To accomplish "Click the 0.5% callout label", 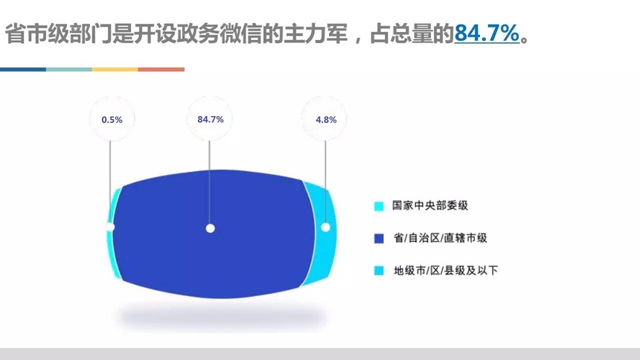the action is coord(112,120).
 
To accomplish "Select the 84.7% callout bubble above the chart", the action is coord(210,119).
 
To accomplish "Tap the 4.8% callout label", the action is coord(326,120).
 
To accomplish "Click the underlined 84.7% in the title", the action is coord(487,33).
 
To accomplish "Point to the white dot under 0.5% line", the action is coord(110,227).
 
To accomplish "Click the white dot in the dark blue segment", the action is coord(210,228).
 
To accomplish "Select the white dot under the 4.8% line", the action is coord(325,228).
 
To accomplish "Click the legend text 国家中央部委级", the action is coord(430,205).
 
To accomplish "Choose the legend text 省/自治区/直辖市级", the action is coord(440,237).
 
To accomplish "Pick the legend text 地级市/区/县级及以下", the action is coord(446,270).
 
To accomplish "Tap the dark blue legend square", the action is coord(379,238).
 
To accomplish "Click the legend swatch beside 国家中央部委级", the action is coord(379,206).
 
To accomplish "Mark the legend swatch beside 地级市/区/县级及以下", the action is coord(379,271).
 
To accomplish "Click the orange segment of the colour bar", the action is coord(161,69).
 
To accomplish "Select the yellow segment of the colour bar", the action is coord(115,69).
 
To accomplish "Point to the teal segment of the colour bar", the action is coord(69,69).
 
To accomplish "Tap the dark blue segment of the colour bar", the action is coord(23,69).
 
